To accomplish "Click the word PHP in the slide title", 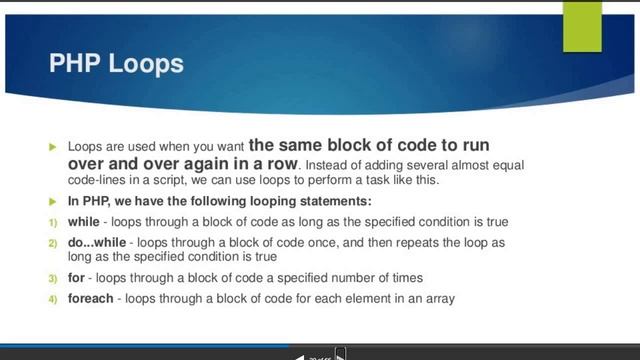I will coord(76,65).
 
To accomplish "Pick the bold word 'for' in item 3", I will coord(77,277).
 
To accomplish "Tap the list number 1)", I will coord(54,221).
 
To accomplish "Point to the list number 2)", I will coord(54,243).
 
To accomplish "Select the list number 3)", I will coord(54,278).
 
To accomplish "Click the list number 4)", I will coord(54,298).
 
